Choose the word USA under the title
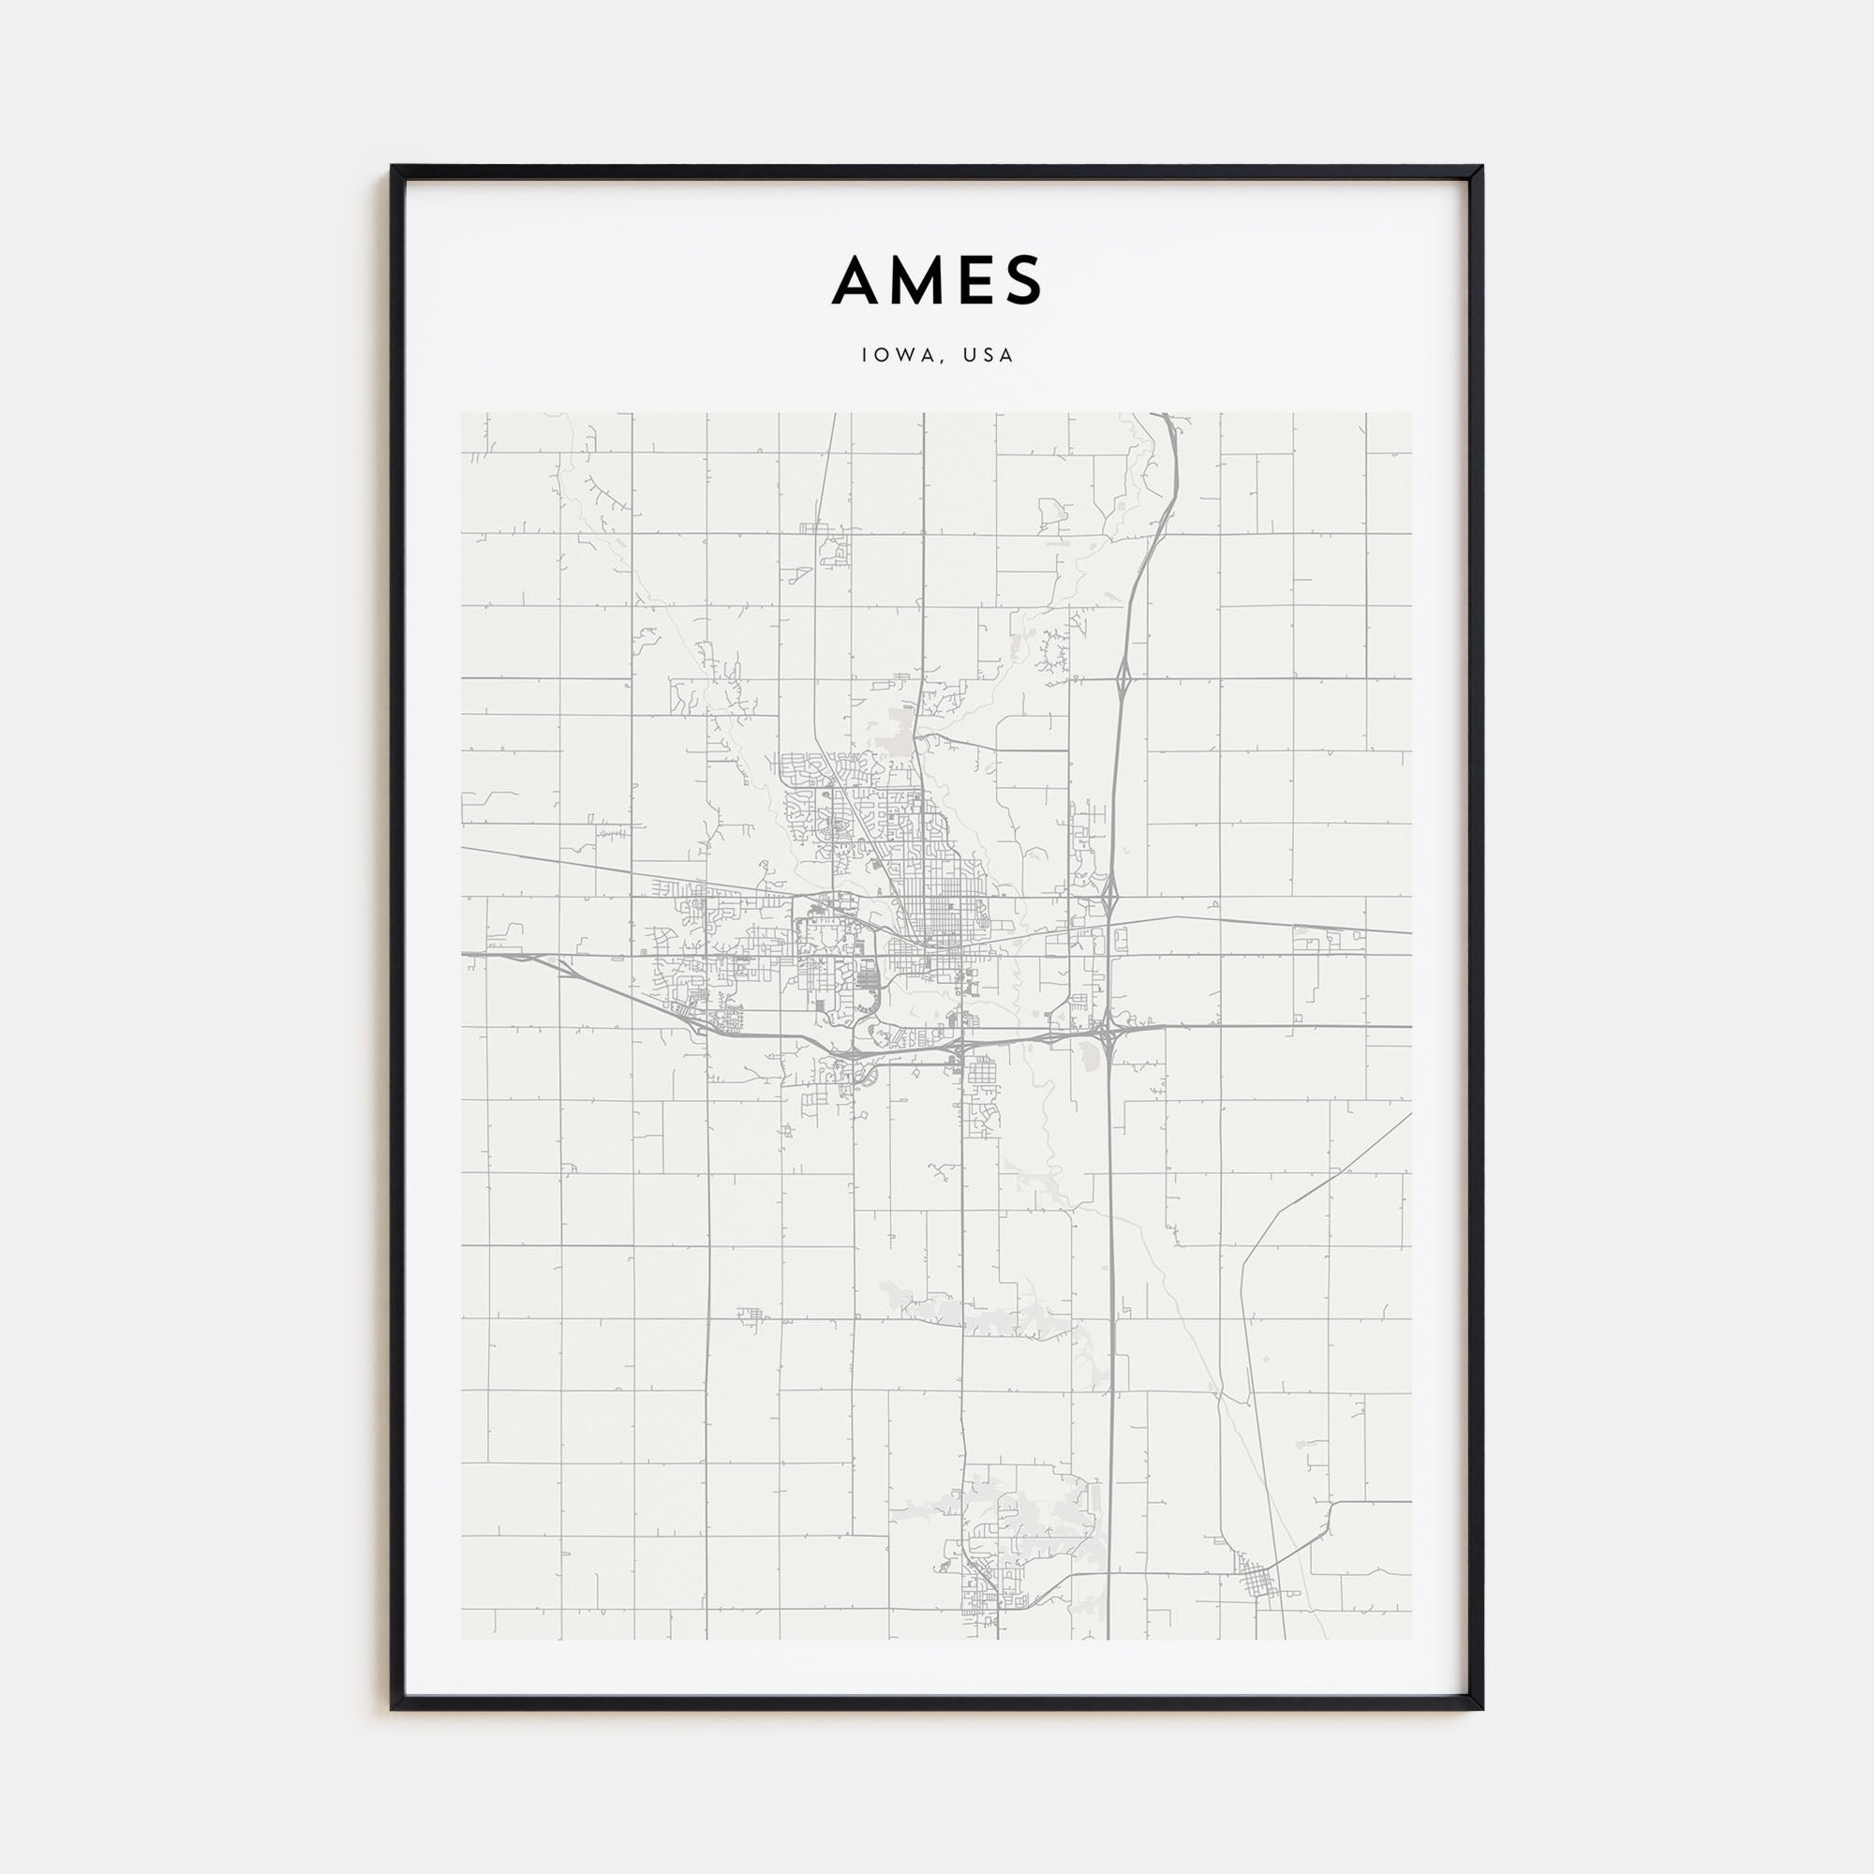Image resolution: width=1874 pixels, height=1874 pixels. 989,355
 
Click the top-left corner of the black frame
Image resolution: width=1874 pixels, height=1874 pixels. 392,167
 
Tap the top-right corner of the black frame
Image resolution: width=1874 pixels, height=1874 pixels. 1482,167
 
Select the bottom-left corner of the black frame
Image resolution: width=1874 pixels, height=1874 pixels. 392,1708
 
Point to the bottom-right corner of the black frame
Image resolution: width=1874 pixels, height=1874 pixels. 1482,1708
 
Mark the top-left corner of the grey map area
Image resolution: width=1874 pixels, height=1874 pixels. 462,414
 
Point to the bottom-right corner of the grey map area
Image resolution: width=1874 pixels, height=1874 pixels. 1411,1639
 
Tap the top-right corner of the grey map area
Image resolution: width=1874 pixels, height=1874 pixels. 1411,414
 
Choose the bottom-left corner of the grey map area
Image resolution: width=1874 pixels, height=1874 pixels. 462,1639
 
